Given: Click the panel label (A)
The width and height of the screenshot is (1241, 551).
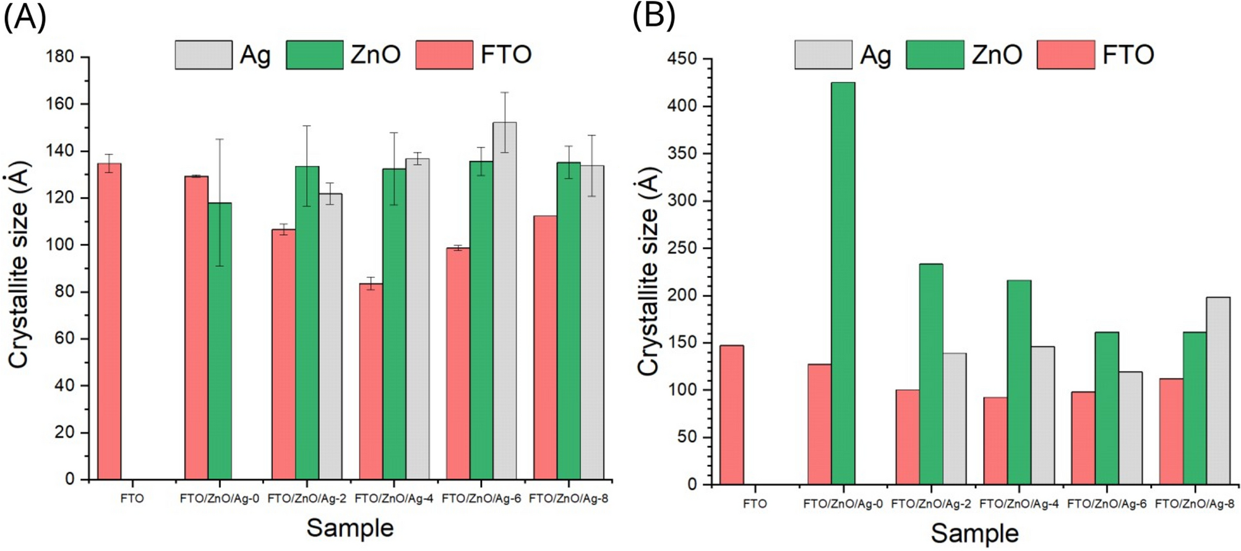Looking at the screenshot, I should pyautogui.click(x=25, y=17).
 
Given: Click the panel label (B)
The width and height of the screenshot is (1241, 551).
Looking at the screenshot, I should pyautogui.click(x=653, y=17).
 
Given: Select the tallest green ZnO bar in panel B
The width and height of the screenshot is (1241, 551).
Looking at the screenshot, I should pyautogui.click(x=843, y=283).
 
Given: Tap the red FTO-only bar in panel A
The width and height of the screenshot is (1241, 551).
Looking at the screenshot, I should pyautogui.click(x=109, y=321).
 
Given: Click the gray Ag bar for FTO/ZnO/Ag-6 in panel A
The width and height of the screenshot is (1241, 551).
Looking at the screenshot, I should pyautogui.click(x=505, y=301).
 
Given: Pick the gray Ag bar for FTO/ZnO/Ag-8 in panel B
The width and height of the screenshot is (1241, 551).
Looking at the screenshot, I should pyautogui.click(x=1218, y=391).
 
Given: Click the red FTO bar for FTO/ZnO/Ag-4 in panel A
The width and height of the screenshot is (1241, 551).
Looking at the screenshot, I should pyautogui.click(x=371, y=381).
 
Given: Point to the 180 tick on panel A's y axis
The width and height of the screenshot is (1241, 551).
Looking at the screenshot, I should pyautogui.click(x=60, y=57).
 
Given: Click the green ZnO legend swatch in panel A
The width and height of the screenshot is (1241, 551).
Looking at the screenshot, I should pyautogui.click(x=314, y=55).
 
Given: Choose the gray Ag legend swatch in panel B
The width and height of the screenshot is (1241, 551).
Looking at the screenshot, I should pyautogui.click(x=823, y=55).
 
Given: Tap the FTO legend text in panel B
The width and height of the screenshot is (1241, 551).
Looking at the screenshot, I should pyautogui.click(x=1128, y=55).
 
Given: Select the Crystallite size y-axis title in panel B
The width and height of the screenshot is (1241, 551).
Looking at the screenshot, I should pyautogui.click(x=649, y=272).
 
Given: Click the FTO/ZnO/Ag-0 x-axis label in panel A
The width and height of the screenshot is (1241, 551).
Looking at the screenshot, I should pyautogui.click(x=219, y=498).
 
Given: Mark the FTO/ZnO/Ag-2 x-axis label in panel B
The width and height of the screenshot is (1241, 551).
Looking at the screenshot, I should pyautogui.click(x=930, y=504).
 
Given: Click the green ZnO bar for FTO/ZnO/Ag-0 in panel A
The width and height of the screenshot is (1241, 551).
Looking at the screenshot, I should pyautogui.click(x=220, y=341).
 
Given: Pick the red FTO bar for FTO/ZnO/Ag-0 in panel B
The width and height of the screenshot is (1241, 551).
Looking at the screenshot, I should pyautogui.click(x=820, y=424).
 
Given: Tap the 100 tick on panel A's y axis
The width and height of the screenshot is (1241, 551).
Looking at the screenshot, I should pyautogui.click(x=60, y=245).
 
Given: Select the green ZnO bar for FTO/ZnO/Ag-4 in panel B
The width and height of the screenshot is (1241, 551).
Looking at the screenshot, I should pyautogui.click(x=1019, y=382).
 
